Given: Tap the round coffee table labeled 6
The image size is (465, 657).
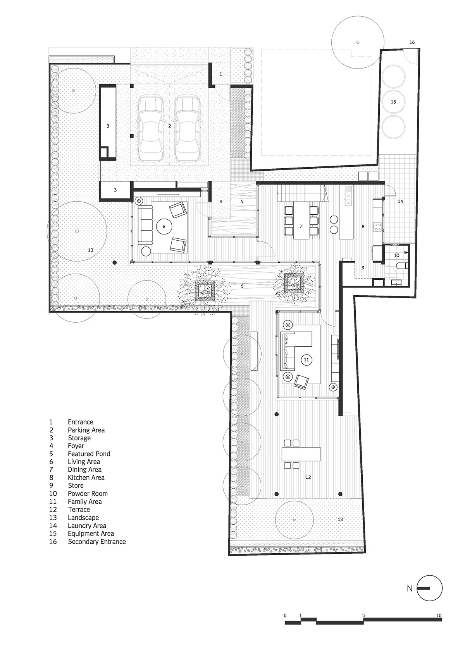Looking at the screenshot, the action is pyautogui.click(x=164, y=226).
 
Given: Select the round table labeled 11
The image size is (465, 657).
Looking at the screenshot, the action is pyautogui.click(x=307, y=359).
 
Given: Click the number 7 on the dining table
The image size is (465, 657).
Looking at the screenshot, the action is pyautogui.click(x=301, y=226).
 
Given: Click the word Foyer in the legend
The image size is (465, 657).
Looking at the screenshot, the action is pyautogui.click(x=76, y=446).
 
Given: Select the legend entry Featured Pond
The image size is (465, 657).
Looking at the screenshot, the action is pyautogui.click(x=89, y=454).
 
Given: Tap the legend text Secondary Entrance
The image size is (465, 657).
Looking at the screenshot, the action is pyautogui.click(x=97, y=541).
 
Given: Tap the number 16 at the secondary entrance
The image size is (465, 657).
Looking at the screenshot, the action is pyautogui.click(x=412, y=42).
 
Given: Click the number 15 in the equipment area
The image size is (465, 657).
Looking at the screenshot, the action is pyautogui.click(x=393, y=102).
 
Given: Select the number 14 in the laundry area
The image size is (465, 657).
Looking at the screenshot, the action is pyautogui.click(x=400, y=201).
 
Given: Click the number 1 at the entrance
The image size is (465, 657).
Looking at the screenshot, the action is pyautogui.click(x=221, y=74).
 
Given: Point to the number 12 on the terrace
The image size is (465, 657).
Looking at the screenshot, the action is pyautogui.click(x=308, y=477).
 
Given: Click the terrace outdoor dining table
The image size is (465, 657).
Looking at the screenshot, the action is pyautogui.click(x=301, y=454).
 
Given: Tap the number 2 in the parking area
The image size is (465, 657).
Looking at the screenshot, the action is pyautogui.click(x=169, y=126).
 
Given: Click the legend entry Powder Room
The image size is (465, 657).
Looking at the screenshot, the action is pyautogui.click(x=88, y=494).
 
